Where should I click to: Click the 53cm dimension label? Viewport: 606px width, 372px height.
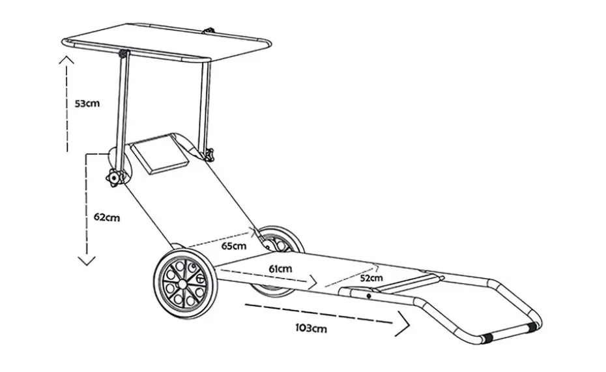pos(87,103)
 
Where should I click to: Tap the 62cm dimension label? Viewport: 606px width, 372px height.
pos(107,217)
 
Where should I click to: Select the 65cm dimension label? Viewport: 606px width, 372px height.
pos(234,246)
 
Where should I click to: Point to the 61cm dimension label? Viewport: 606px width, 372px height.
pos(280,269)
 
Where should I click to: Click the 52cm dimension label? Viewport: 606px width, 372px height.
pos(371,278)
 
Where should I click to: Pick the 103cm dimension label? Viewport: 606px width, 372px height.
pos(311,328)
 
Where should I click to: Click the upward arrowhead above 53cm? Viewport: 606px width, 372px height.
pos(66,59)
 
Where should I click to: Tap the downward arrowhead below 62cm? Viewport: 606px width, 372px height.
pos(87,261)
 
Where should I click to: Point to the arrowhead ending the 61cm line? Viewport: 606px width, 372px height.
pos(312,283)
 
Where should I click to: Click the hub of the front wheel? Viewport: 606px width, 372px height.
pos(182,284)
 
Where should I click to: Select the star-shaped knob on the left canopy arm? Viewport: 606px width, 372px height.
pos(114,178)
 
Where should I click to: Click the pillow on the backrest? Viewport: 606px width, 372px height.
pos(159,153)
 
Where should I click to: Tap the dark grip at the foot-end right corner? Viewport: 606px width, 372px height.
pos(532,327)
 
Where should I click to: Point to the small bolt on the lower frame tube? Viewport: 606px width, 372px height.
pos(369,296)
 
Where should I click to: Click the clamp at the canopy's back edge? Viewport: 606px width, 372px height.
pos(209,31)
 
